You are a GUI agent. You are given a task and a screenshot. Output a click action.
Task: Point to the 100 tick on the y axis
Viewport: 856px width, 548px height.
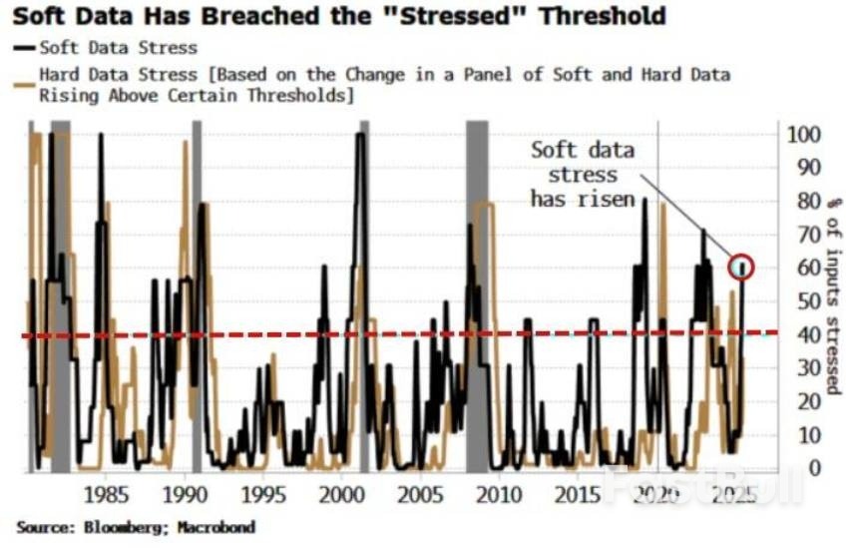pos(803,135)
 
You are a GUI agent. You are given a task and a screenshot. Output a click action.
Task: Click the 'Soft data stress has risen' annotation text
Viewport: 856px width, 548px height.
pos(582,175)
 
